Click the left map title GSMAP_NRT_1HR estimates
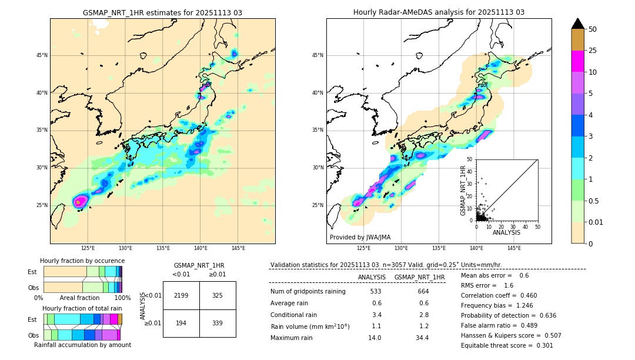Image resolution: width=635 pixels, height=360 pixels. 162,12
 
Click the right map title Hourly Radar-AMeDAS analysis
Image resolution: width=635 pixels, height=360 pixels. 439,12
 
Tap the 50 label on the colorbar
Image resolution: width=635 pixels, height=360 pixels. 593,29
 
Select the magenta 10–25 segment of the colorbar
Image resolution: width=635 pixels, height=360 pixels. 577,61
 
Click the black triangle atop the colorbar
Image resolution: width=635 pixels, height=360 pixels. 577,24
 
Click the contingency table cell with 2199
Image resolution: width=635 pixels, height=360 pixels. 181,295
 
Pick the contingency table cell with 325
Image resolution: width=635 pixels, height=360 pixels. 218,295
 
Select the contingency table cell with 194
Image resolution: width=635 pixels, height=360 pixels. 181,323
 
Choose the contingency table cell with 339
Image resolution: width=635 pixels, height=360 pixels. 218,323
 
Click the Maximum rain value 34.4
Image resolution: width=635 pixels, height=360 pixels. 422,338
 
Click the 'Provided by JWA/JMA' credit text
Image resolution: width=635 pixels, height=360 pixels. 360,238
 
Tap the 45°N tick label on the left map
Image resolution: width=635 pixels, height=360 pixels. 42,55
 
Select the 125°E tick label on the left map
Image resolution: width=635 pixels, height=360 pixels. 88,248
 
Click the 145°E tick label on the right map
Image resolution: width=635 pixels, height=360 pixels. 514,248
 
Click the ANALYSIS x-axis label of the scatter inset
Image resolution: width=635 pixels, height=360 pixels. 506,232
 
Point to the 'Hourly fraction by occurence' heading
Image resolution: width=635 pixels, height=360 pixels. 82,261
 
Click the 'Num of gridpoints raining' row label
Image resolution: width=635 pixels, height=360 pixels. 308,291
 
